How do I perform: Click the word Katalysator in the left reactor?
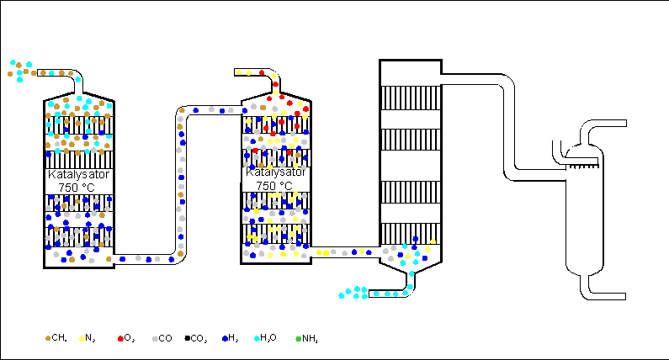coord(78,175)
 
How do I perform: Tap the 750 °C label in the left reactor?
coord(78,187)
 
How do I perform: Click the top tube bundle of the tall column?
coord(411,98)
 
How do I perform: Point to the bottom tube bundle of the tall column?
coord(411,235)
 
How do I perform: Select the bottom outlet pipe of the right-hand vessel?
coord(604,294)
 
